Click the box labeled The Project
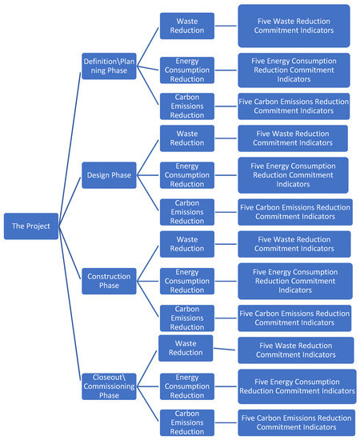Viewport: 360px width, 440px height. (x=30, y=226)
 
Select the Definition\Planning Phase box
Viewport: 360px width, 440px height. (x=109, y=65)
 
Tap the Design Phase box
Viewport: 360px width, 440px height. (x=109, y=175)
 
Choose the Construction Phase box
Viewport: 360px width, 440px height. (x=109, y=281)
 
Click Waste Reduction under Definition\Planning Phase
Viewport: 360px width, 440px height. (x=186, y=26)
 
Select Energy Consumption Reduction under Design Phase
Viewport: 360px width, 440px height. (x=186, y=174)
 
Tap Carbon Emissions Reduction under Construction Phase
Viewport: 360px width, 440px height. (x=186, y=318)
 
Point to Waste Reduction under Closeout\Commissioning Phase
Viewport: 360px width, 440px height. (x=186, y=348)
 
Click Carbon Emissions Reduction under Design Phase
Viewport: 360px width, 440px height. (x=186, y=211)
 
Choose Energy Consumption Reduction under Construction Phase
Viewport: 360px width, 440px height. (x=186, y=280)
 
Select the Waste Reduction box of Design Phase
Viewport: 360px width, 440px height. (x=186, y=138)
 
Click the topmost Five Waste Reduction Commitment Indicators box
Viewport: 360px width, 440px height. (x=293, y=26)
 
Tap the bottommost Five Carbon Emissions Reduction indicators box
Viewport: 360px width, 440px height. (x=295, y=422)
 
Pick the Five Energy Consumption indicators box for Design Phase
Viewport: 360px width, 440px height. (x=293, y=174)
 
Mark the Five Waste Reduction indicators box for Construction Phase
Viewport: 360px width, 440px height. (x=293, y=243)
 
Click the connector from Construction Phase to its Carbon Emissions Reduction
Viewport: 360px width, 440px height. (x=148, y=300)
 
